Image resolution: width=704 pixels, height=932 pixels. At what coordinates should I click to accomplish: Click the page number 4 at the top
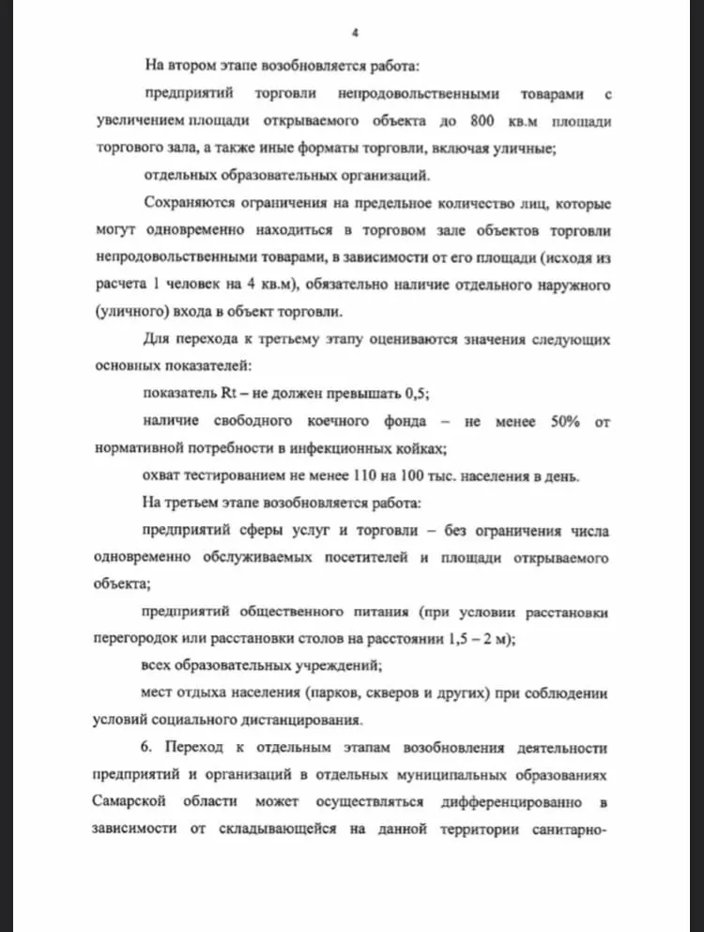[355, 33]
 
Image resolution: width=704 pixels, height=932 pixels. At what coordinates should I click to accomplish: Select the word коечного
[357, 422]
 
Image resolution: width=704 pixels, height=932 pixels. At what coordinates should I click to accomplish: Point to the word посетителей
[365, 558]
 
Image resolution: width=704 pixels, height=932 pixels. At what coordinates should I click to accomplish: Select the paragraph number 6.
[148, 749]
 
